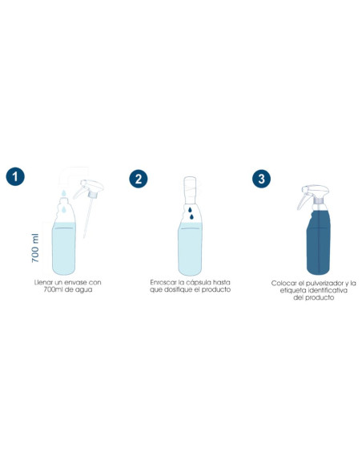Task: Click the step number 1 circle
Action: coord(14,176)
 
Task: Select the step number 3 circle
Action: coord(259,177)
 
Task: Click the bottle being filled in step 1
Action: coord(64,240)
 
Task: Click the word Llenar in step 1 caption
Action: coord(44,282)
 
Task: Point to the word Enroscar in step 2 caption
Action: coord(164,282)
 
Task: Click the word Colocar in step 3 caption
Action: coord(284,283)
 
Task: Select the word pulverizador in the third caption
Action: coord(325,283)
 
